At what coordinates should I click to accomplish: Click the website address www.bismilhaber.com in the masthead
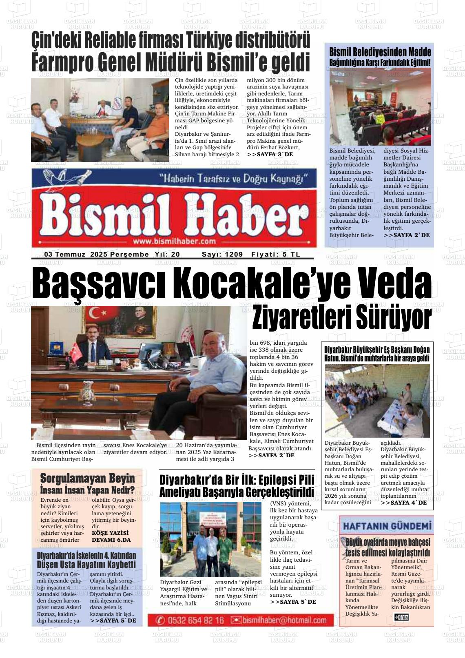[x=174, y=241]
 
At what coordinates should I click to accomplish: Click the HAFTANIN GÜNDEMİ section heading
[x=387, y=526]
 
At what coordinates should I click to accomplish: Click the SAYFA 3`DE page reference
[x=270, y=155]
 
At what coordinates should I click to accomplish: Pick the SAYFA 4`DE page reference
[x=403, y=503]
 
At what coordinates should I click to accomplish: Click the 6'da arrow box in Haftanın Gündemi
[x=401, y=617]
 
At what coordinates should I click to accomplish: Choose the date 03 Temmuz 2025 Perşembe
[x=96, y=254]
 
